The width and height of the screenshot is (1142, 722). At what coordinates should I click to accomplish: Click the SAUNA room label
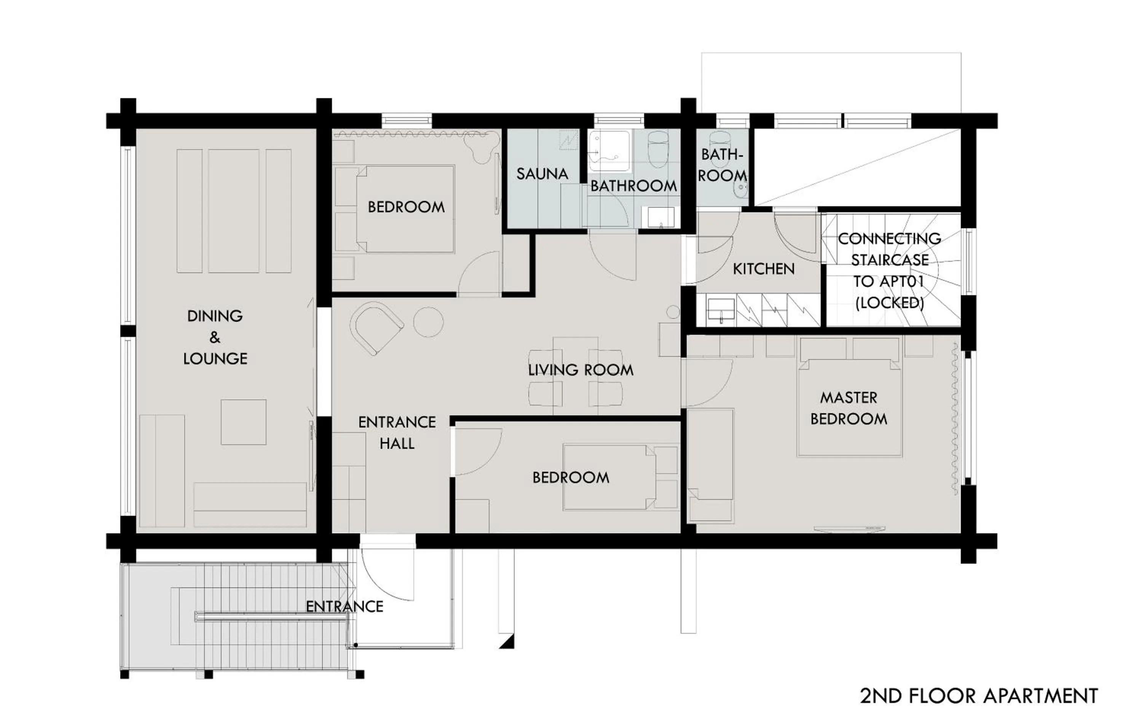542,174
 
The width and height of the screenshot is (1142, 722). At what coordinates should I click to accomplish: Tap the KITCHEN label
764,269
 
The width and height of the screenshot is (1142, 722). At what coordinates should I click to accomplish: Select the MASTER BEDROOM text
849,408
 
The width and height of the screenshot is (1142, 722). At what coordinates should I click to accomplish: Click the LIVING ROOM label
581,370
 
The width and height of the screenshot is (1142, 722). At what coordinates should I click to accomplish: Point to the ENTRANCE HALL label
397,433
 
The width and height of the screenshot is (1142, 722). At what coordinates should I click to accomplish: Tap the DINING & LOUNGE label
215,337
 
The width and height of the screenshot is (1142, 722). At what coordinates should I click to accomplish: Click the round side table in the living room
428,322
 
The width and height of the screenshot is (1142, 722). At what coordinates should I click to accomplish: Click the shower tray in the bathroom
610,151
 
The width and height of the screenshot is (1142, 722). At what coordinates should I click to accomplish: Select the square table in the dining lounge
243,422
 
